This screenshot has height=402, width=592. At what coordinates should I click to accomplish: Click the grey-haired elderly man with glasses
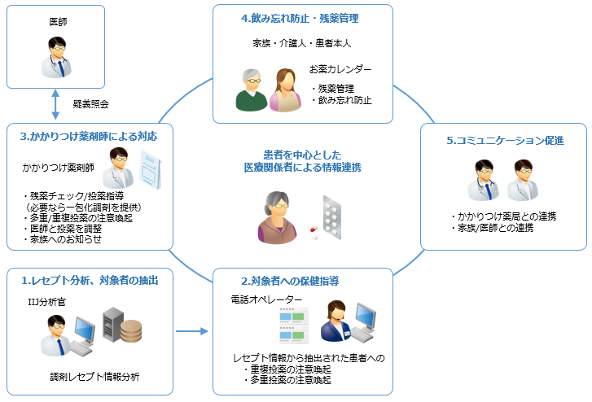251,89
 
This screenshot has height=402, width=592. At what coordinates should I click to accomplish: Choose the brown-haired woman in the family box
285,89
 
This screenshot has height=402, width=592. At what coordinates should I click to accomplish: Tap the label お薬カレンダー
340,70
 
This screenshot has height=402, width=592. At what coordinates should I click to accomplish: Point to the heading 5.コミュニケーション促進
505,140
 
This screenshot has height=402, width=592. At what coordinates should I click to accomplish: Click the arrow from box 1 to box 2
192,331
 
